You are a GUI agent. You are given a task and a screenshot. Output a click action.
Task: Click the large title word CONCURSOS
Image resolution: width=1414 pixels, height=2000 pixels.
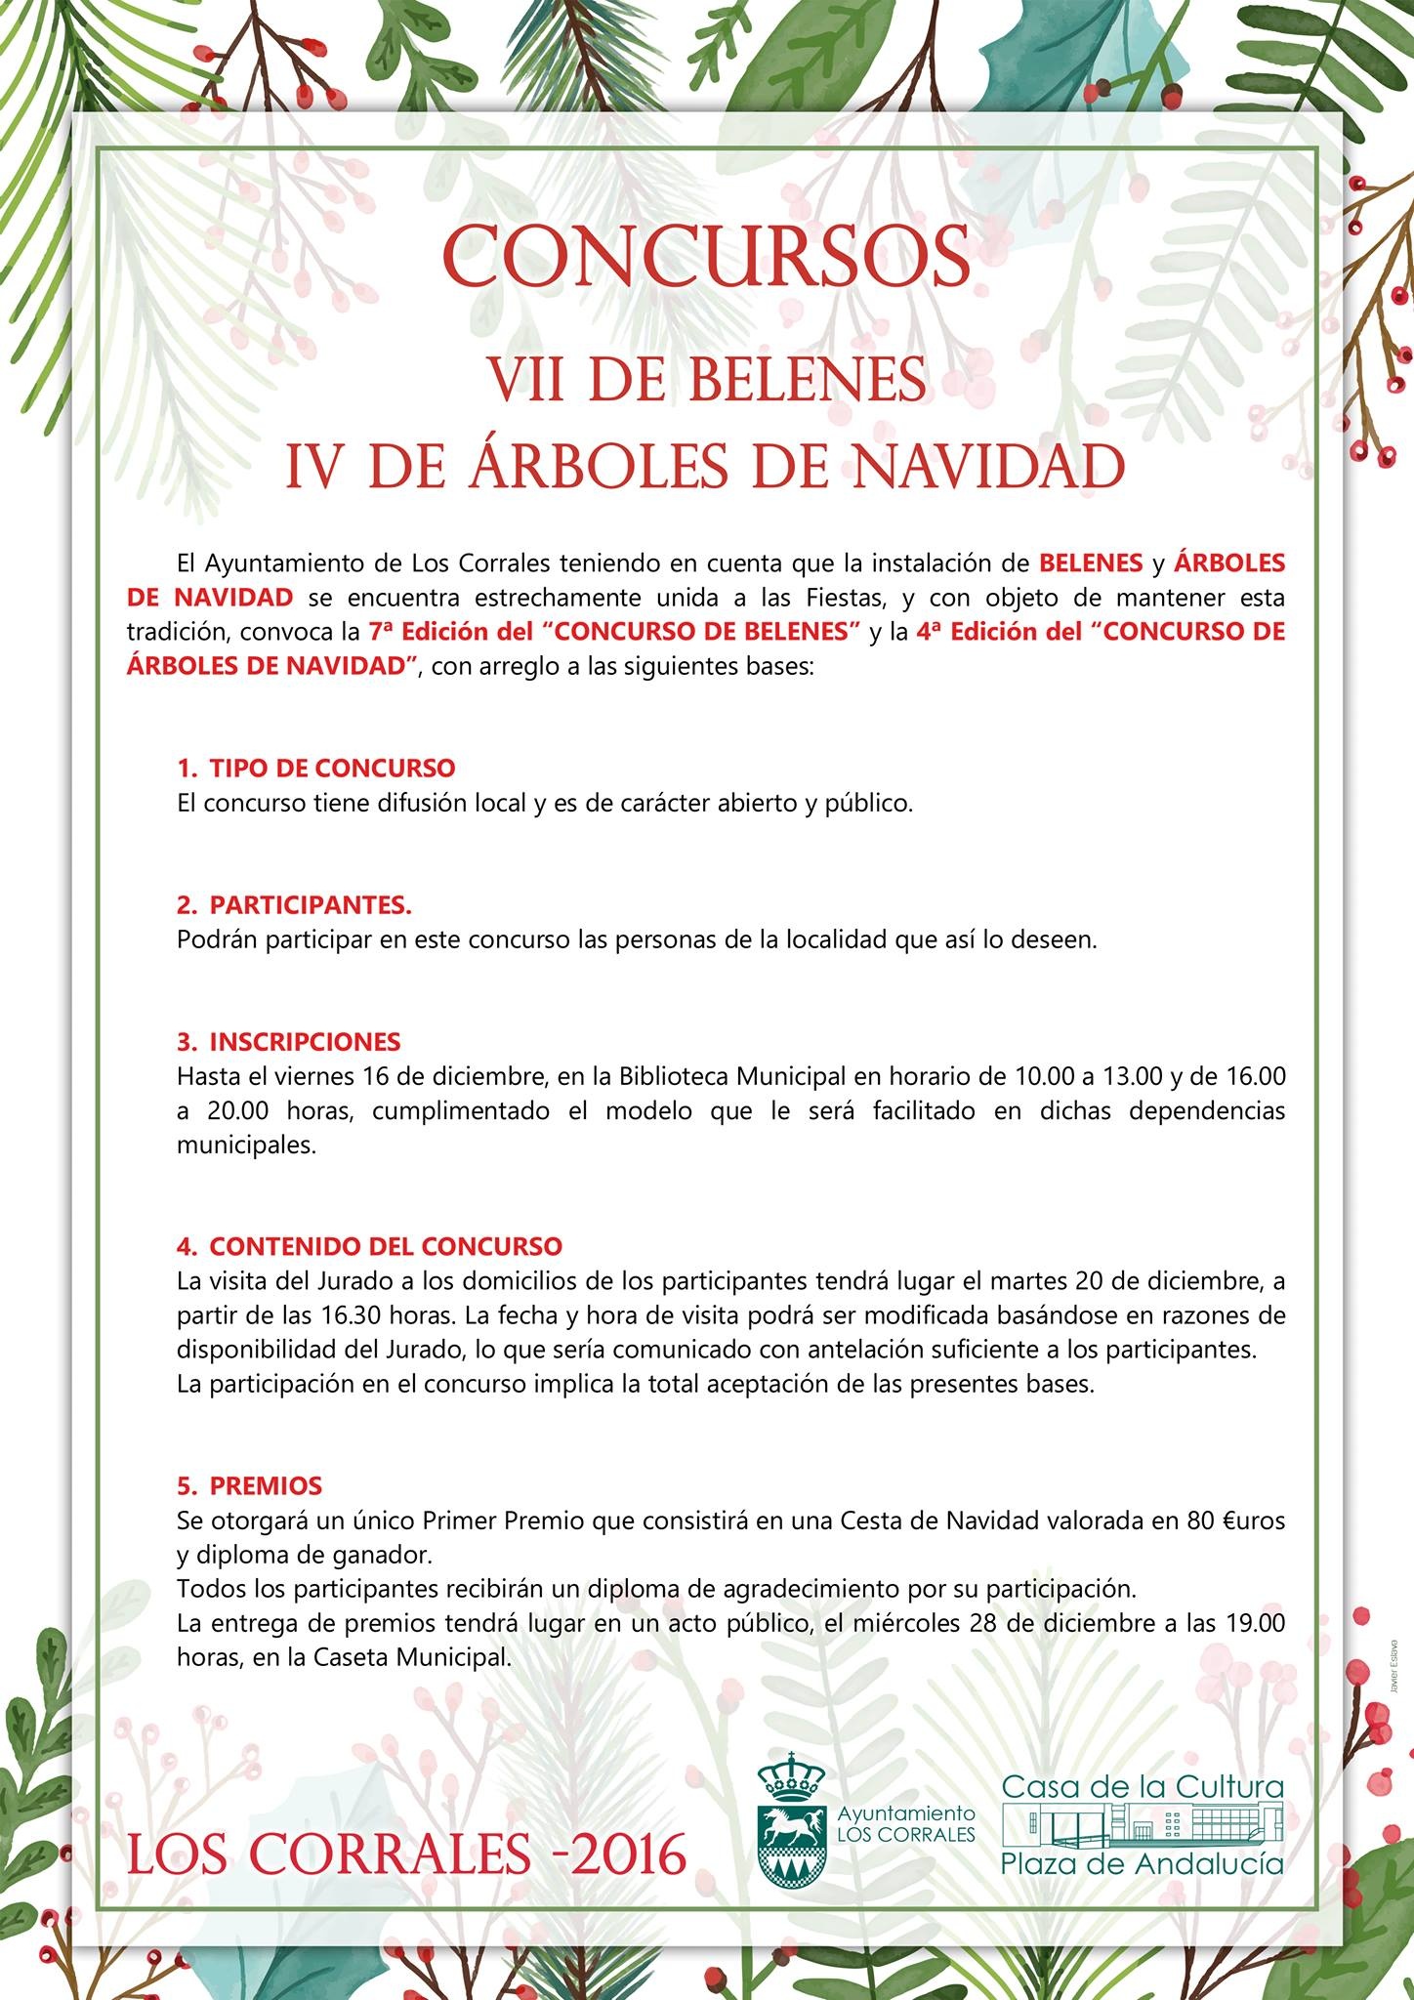pyautogui.click(x=706, y=256)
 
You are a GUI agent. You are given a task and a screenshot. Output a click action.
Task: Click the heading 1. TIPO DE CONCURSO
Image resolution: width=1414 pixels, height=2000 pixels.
pyautogui.click(x=316, y=768)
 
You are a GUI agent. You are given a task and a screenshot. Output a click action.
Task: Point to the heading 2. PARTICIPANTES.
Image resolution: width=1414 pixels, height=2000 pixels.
pyautogui.click(x=294, y=905)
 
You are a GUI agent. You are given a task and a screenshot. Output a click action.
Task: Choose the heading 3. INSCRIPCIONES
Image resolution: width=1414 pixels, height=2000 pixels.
pyautogui.click(x=289, y=1041)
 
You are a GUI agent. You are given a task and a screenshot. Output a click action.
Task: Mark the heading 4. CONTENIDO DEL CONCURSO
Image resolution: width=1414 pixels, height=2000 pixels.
pyautogui.click(x=370, y=1246)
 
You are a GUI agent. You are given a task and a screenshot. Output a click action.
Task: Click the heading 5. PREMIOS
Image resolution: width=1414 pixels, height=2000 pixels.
pyautogui.click(x=250, y=1485)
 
